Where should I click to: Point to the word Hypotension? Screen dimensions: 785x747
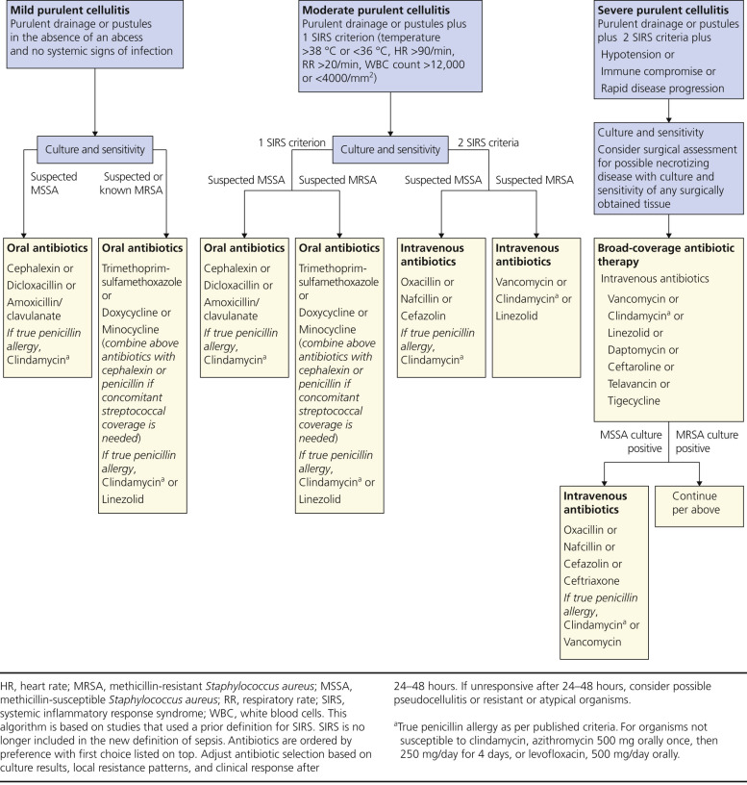(639, 55)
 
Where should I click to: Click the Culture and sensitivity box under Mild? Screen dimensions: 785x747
(96, 149)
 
